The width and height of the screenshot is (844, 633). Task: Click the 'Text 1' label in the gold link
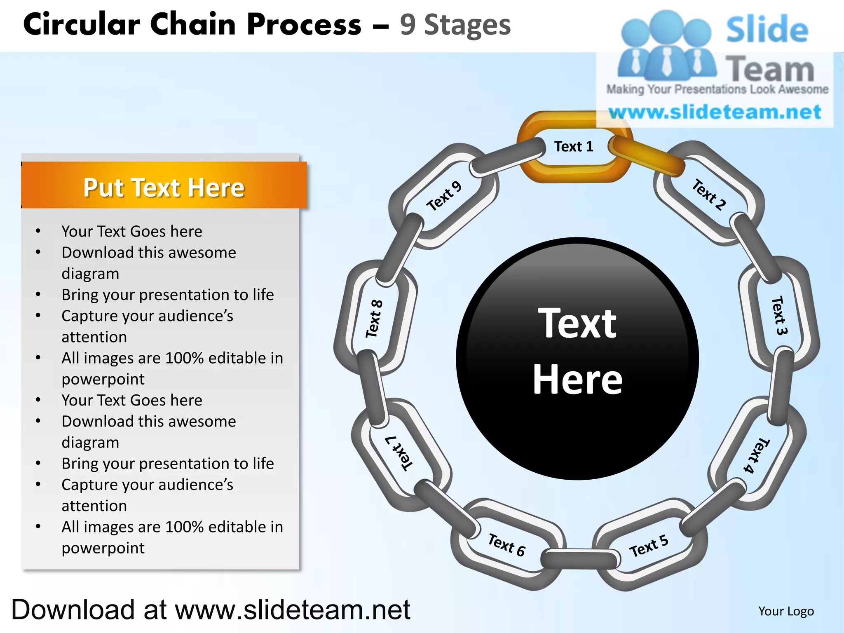point(573,147)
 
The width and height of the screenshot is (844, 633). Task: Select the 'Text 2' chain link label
point(708,195)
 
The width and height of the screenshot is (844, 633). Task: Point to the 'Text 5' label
point(649,546)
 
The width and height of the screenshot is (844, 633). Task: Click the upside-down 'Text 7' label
point(399,453)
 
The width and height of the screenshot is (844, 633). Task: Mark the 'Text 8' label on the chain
point(374,319)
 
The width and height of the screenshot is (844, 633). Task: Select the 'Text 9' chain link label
point(444,196)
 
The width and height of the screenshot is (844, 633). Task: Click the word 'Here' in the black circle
point(577,380)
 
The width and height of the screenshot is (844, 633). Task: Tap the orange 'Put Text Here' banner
point(164,188)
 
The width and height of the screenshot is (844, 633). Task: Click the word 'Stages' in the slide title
point(467,25)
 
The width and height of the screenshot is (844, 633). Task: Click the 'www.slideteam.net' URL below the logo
point(715,112)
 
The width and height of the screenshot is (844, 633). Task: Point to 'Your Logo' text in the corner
point(786,611)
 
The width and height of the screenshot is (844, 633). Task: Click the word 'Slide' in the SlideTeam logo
point(767,30)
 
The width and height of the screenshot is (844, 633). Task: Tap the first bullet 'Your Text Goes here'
point(132,232)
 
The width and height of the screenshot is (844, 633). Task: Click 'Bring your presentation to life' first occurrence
point(168,295)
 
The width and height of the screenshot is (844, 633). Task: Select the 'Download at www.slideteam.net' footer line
point(211,610)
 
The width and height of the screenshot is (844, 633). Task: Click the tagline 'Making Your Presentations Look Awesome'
point(717,89)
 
